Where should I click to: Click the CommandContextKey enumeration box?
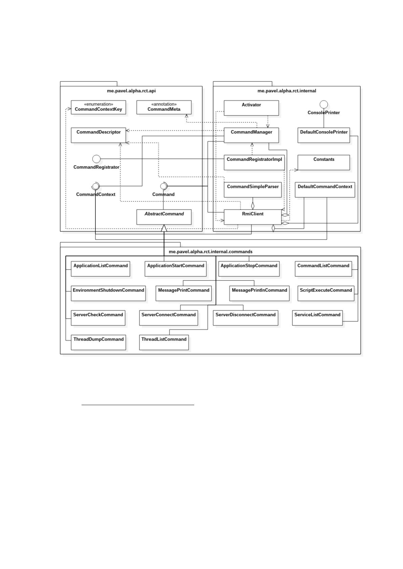(x=98, y=107)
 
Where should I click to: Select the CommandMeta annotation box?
(x=164, y=107)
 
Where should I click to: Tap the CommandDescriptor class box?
(x=98, y=135)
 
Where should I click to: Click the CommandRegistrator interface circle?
(x=96, y=159)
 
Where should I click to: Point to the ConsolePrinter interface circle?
(x=323, y=104)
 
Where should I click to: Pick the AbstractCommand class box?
(x=164, y=217)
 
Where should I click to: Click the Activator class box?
(x=251, y=108)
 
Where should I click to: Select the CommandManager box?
(x=251, y=135)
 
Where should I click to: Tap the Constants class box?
(x=323, y=163)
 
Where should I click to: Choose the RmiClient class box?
(x=253, y=217)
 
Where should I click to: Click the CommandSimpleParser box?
(x=253, y=190)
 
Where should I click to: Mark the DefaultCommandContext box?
(x=325, y=190)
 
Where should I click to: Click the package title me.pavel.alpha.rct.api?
(x=131, y=91)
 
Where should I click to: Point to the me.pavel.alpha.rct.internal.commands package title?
(x=211, y=251)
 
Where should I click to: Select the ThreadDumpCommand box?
(x=98, y=342)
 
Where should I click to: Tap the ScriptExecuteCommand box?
(x=326, y=293)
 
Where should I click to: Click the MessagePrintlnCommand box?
(x=259, y=293)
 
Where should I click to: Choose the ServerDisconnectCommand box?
(x=246, y=318)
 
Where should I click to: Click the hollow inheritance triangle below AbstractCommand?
(x=164, y=228)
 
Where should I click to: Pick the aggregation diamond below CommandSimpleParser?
(x=253, y=206)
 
